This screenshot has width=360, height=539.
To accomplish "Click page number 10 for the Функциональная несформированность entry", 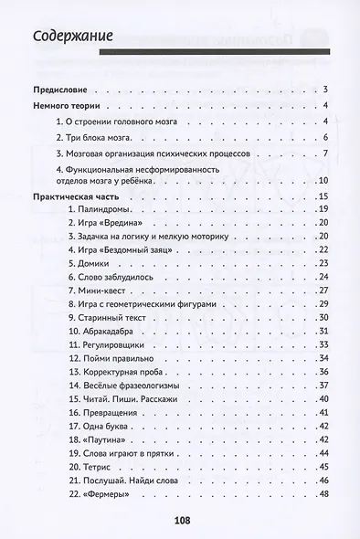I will (x=322, y=182).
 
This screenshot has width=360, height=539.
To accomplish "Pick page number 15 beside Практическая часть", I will (x=322, y=197).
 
